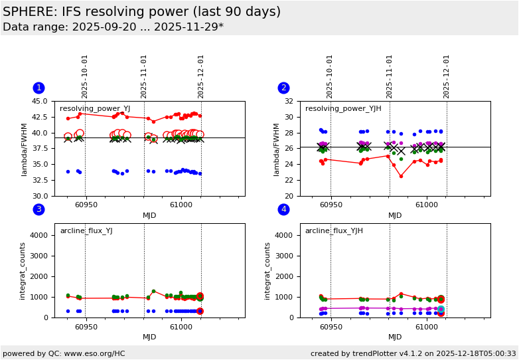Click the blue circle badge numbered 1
(x=38, y=88)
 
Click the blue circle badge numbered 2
(x=283, y=88)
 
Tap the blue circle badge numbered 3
(x=38, y=210)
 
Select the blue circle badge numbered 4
(x=283, y=210)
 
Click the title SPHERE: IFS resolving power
(x=141, y=12)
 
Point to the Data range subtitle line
(x=113, y=27)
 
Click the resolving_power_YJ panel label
(x=95, y=109)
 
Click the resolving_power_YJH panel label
(x=343, y=109)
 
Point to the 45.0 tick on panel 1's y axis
(x=41, y=102)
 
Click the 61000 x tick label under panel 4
(x=427, y=327)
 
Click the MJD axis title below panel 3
(x=149, y=337)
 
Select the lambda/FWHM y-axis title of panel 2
(x=273, y=149)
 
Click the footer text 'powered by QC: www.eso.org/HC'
(x=64, y=353)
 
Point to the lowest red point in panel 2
(x=401, y=176)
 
